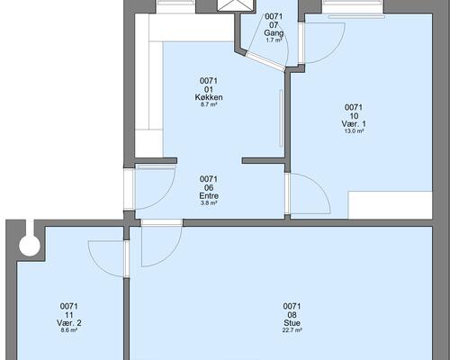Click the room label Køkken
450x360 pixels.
coord(209,97)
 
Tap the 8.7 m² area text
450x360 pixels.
coord(209,104)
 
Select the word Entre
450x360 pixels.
coord(209,195)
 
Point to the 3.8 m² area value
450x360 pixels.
coord(209,202)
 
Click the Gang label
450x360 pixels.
coord(274,32)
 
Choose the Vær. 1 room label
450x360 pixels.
coord(354,123)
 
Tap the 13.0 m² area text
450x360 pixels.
coord(354,130)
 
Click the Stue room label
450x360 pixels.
coord(292,323)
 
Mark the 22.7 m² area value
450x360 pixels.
coord(292,330)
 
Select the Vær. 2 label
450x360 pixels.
coord(69,323)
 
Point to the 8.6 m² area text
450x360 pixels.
coord(69,330)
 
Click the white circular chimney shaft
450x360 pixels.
coord(30,246)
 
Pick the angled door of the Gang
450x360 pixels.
coord(265,62)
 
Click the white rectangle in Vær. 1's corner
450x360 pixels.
coord(390,205)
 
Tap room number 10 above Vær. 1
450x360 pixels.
coord(354,116)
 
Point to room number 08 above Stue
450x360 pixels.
coord(292,315)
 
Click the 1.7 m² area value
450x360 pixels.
coord(274,40)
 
